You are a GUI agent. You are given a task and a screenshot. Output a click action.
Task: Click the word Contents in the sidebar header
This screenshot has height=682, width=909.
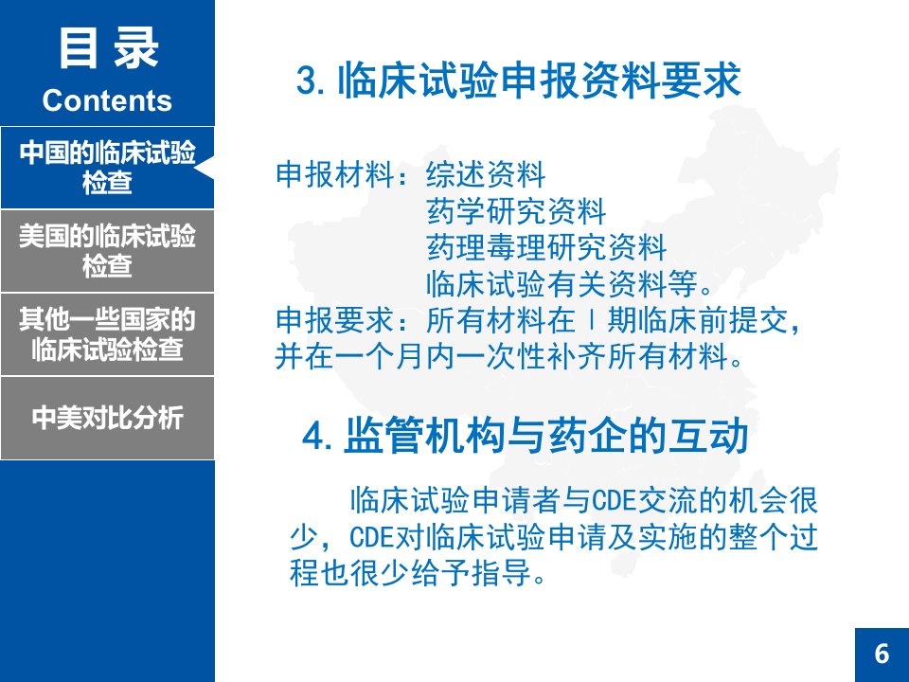(107, 100)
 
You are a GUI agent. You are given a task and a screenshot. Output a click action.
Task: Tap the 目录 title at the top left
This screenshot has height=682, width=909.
(108, 48)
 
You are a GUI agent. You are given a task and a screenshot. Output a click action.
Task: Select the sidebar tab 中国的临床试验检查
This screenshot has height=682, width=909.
(107, 168)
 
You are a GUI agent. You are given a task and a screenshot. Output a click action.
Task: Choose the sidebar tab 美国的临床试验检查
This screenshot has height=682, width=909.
(107, 251)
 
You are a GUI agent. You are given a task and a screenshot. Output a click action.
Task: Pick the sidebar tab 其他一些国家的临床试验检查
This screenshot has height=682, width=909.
(107, 334)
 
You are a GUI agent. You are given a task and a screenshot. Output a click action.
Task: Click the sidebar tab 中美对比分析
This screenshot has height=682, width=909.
(107, 418)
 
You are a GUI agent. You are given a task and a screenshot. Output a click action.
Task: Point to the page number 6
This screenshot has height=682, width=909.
(882, 654)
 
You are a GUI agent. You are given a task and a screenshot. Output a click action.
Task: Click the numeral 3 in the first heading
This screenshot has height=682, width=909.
(306, 80)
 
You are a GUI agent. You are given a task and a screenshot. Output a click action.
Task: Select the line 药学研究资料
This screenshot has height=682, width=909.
(517, 211)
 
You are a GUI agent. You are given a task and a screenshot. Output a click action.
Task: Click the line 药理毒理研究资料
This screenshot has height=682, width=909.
(546, 247)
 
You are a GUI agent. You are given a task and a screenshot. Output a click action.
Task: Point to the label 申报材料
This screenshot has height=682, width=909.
(334, 174)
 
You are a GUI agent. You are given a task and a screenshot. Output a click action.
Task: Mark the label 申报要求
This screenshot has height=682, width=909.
(334, 320)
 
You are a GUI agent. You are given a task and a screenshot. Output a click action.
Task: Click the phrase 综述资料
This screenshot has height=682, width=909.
(486, 174)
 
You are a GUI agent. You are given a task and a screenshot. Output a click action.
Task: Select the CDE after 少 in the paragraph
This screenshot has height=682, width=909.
(371, 537)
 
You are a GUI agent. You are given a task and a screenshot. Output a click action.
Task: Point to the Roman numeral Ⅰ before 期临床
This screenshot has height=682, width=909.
(591, 320)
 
